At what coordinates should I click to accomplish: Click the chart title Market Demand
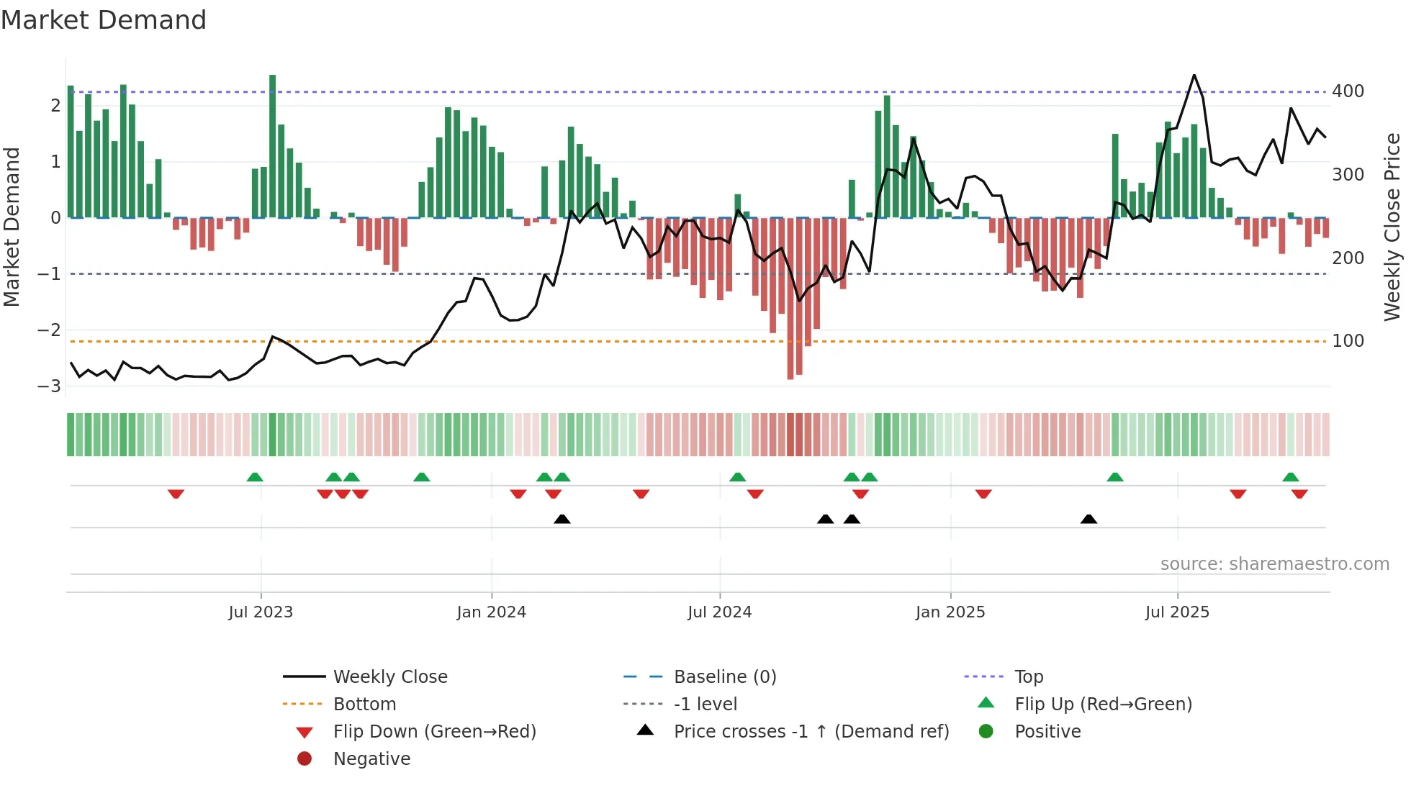104,20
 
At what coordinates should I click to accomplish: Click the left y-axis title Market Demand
12,227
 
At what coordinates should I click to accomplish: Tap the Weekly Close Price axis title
1392,227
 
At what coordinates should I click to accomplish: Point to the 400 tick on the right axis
1348,91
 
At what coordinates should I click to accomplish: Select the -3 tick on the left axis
50,386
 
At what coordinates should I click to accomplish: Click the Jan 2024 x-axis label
491,612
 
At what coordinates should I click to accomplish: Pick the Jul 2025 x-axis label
1177,612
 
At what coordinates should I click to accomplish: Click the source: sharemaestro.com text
1274,564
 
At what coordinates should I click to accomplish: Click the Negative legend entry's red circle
305,759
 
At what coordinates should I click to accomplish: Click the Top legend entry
1028,677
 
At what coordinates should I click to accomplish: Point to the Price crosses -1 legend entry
811,732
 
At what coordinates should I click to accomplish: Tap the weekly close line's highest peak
1194,75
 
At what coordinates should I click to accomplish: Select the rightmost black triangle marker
1088,520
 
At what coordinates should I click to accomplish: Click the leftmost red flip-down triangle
176,494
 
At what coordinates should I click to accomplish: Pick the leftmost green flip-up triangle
255,477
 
